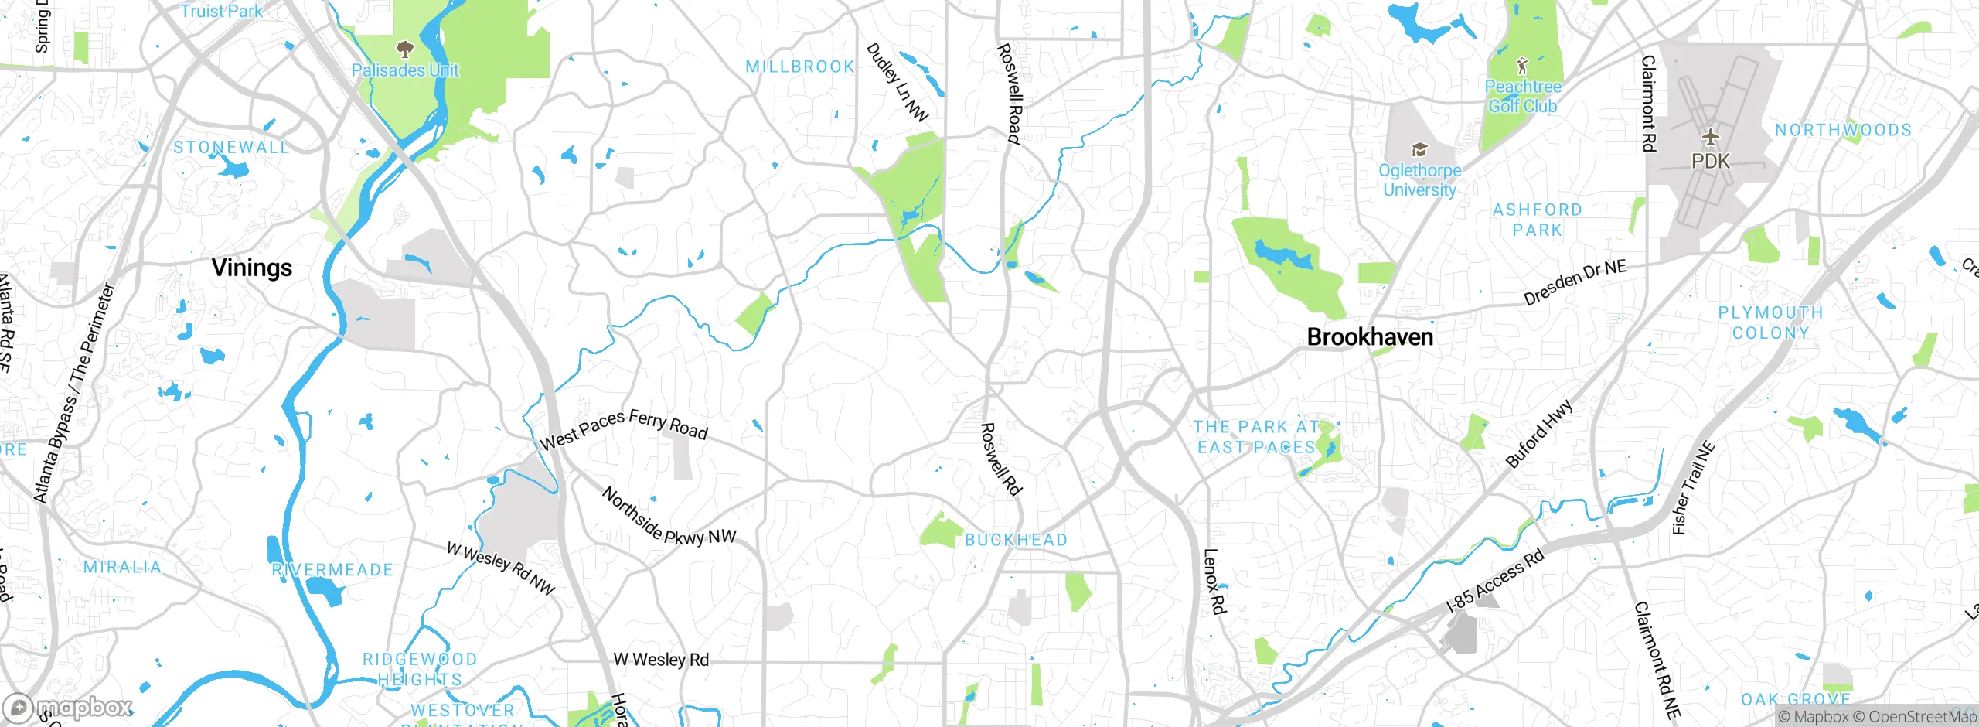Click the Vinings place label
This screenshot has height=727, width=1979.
252,268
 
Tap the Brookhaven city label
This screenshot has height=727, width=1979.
1370,337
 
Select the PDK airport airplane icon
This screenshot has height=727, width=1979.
1711,137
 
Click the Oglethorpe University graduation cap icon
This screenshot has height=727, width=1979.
1419,149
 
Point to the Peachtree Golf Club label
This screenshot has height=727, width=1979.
1522,97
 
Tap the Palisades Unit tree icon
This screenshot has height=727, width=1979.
404,50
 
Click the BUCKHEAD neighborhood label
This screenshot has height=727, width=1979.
1016,540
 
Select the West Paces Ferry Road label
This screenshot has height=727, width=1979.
623,429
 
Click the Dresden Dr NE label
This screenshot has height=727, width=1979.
1575,283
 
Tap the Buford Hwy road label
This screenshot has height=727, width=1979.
1538,434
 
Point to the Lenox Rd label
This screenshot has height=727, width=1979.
1214,582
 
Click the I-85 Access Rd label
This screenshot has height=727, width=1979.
1495,582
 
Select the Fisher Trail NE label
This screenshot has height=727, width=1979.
1693,489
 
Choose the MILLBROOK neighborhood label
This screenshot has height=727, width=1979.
800,67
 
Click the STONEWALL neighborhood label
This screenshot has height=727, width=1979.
231,148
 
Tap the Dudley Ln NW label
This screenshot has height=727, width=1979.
897,82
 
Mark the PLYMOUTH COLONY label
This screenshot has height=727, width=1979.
1770,323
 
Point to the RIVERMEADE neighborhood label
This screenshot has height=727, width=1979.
332,570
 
